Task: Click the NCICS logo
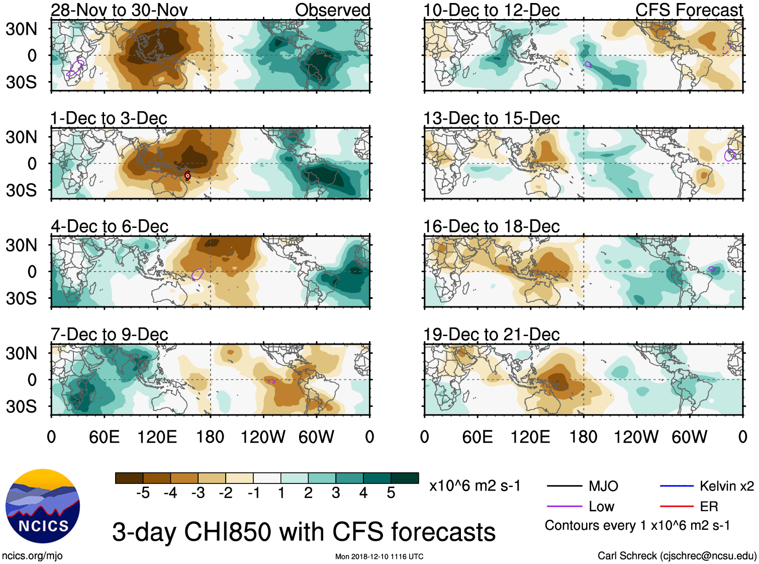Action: (x=43, y=506)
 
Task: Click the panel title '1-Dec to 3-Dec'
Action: (x=109, y=118)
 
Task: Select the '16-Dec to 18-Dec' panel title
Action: (x=491, y=226)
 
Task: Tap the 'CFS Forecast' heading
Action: (x=689, y=10)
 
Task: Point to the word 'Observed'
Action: (x=332, y=10)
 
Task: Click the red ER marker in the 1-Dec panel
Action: (x=187, y=176)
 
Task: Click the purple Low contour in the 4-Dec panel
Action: (x=198, y=274)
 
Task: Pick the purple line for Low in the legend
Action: (x=564, y=507)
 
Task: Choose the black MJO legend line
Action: (x=564, y=486)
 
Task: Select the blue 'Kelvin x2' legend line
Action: (x=677, y=486)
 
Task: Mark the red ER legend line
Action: (x=677, y=507)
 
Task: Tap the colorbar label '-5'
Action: (x=143, y=493)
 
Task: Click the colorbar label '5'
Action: (x=391, y=493)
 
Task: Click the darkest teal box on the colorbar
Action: (x=405, y=478)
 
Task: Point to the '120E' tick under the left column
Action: (x=157, y=437)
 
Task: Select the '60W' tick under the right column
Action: (x=689, y=437)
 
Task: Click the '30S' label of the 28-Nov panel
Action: (x=21, y=82)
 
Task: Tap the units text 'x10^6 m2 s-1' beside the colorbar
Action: (x=475, y=486)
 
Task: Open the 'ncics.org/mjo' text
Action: (x=32, y=556)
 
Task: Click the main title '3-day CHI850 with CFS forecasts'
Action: (x=304, y=532)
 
